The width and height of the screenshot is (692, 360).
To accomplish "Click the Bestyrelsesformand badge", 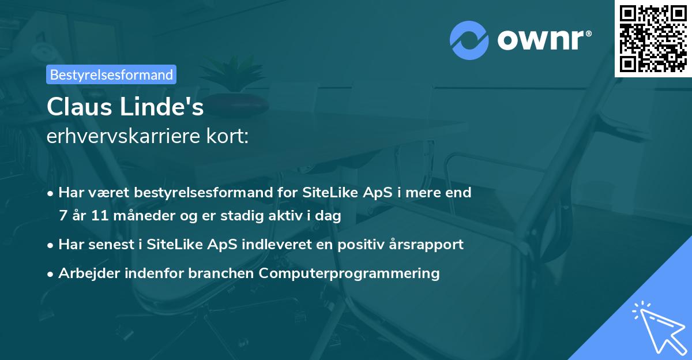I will [111, 74].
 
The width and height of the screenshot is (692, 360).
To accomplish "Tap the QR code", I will [653, 38].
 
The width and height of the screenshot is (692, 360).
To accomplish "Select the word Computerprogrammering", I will [349, 273].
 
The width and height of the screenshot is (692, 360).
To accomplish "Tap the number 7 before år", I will [63, 216].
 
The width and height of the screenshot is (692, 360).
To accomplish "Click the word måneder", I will [138, 216].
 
